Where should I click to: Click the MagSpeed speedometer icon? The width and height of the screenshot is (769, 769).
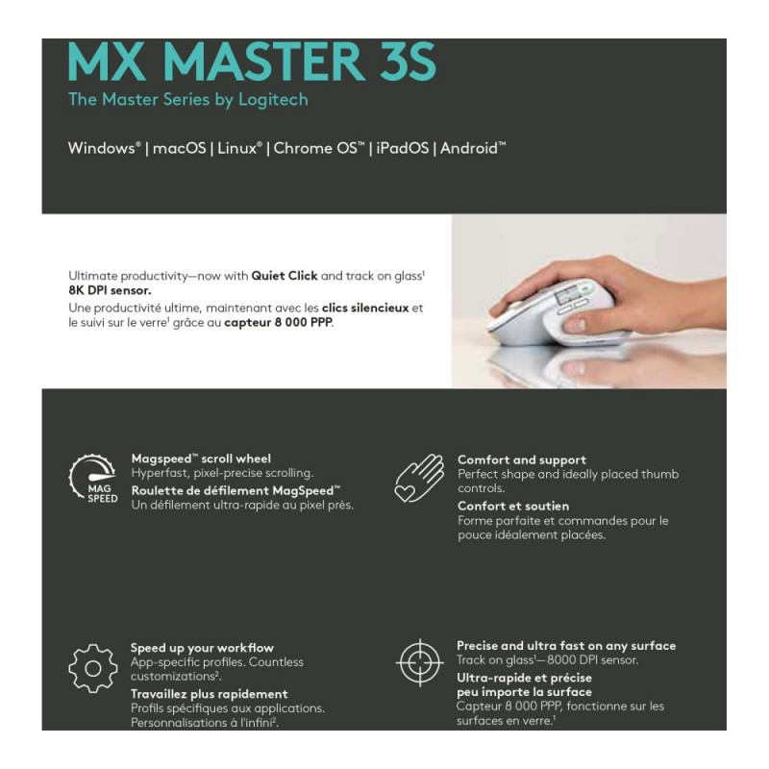click(x=93, y=478)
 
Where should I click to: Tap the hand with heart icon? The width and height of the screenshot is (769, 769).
click(x=420, y=478)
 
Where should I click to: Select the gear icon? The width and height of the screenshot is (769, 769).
click(x=93, y=668)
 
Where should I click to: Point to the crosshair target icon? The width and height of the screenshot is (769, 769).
click(x=420, y=662)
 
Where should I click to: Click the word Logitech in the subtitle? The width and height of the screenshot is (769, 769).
click(x=273, y=100)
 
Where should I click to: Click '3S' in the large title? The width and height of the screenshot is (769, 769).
click(x=408, y=62)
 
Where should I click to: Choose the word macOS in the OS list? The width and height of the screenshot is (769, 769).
click(x=179, y=148)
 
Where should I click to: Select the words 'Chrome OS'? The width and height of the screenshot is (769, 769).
click(x=319, y=148)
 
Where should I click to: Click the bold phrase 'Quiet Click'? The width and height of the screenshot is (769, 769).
click(x=285, y=276)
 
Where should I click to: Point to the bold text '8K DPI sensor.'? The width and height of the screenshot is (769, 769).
click(x=110, y=290)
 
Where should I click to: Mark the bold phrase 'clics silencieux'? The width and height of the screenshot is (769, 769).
click(x=365, y=308)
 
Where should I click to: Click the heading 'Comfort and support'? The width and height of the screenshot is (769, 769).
click(x=522, y=460)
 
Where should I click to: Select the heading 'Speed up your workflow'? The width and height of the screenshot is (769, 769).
click(x=202, y=648)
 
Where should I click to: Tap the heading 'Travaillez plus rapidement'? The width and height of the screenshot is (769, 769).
click(x=210, y=694)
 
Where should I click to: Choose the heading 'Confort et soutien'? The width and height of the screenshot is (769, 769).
click(x=513, y=507)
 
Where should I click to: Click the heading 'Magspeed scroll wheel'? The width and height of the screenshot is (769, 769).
click(x=201, y=459)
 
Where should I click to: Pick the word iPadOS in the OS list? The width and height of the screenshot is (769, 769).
click(x=403, y=148)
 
